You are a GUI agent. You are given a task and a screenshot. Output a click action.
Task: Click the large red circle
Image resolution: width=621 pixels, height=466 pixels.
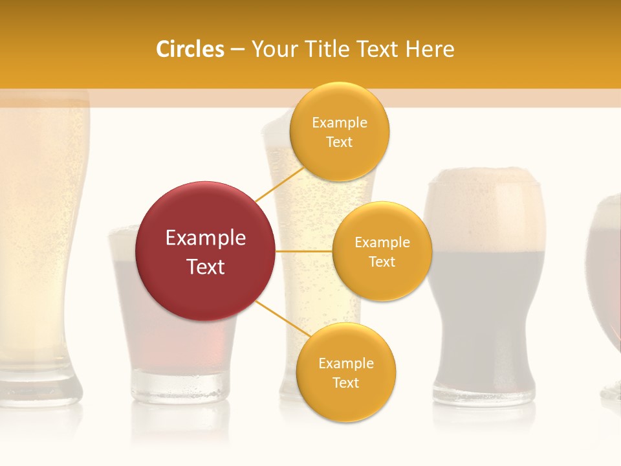206,251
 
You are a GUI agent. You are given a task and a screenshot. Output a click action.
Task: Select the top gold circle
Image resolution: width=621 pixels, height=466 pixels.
340,131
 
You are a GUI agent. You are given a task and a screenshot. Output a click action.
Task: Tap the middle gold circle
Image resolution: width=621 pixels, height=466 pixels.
382,251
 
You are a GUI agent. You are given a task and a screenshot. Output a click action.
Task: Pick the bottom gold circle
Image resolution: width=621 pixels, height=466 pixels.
345,372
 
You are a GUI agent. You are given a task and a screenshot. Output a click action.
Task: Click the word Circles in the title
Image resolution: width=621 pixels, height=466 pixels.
190,49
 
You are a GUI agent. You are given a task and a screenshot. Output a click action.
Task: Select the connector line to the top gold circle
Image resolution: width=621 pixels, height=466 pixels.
279,184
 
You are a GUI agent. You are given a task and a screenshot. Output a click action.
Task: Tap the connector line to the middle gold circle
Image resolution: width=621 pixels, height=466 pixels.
304,251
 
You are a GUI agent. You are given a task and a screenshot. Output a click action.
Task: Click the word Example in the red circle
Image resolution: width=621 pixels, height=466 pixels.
206,238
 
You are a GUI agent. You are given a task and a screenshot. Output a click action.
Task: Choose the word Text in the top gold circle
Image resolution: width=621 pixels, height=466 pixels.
340,142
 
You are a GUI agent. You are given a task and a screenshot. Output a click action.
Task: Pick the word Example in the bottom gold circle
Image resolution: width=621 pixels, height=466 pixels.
345,363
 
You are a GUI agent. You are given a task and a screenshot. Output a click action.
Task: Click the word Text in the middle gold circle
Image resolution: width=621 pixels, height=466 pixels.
382,261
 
